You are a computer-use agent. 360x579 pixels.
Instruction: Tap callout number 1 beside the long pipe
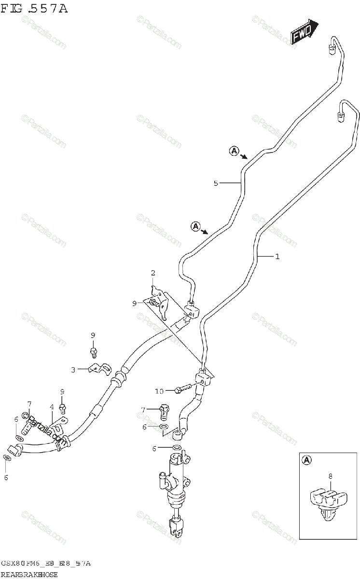277,257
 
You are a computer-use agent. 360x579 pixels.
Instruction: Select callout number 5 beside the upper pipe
216,183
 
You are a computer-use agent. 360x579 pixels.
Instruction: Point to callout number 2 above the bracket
153,273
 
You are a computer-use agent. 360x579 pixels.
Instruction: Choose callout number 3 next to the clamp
73,370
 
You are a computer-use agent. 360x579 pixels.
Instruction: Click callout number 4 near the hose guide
52,407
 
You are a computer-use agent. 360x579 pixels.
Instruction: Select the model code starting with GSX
46,564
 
